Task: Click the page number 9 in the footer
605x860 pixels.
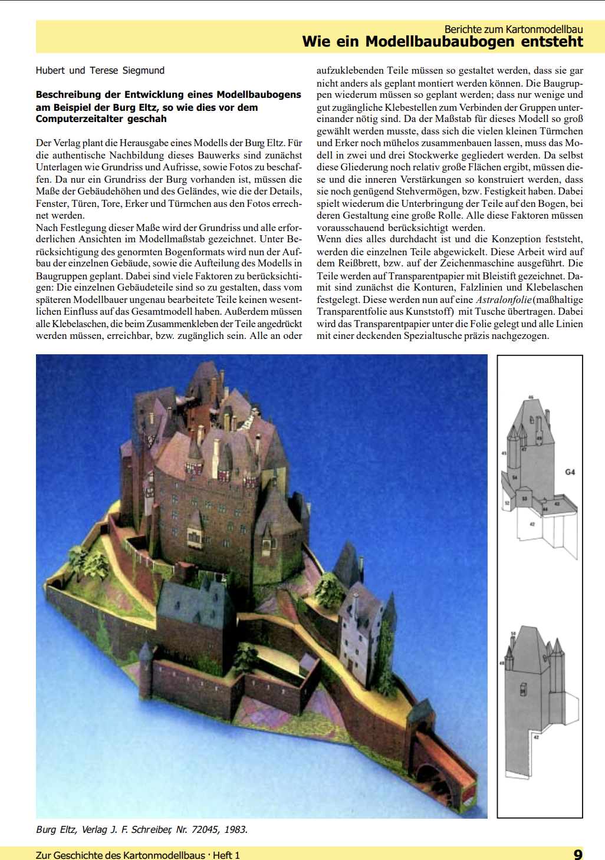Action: pyautogui.click(x=578, y=854)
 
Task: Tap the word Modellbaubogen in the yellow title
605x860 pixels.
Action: pyautogui.click(x=432, y=42)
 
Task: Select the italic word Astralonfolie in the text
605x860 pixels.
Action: pyautogui.click(x=504, y=300)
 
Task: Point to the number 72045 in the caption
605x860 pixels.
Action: pyautogui.click(x=205, y=829)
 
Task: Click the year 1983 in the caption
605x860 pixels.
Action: pyautogui.click(x=235, y=829)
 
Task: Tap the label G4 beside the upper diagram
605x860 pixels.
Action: pyautogui.click(x=570, y=472)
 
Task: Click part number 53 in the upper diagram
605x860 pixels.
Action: pyautogui.click(x=524, y=499)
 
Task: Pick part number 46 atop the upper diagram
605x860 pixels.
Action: pyautogui.click(x=530, y=397)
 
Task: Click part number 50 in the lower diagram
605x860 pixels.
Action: pyautogui.click(x=512, y=634)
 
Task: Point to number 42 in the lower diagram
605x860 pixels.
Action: pyautogui.click(x=536, y=737)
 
